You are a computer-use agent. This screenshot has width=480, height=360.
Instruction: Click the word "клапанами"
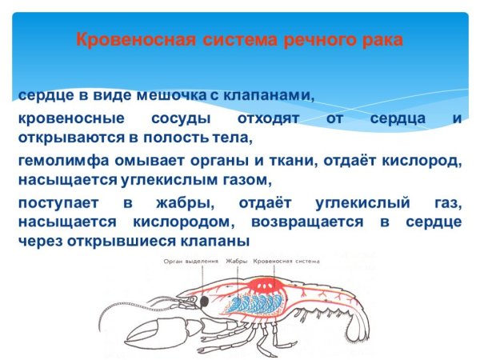coord(267,96)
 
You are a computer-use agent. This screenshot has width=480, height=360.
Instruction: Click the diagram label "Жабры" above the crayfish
coord(238,261)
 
